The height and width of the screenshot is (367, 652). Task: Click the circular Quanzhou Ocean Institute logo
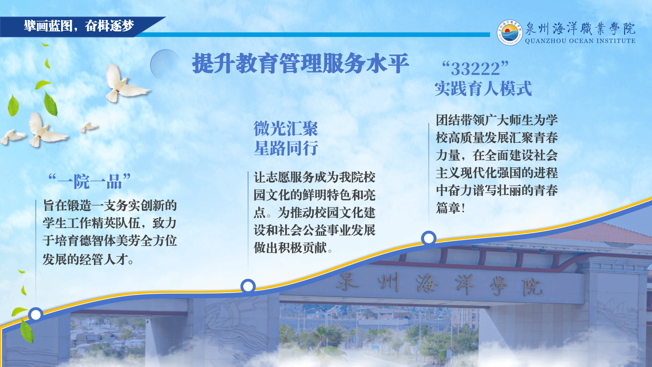(x=510, y=32)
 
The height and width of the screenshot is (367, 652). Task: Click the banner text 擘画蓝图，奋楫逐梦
(x=79, y=26)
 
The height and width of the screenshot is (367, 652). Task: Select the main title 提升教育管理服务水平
(x=301, y=63)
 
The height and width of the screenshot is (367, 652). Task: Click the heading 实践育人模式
(x=483, y=89)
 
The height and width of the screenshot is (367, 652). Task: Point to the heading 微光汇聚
(x=286, y=129)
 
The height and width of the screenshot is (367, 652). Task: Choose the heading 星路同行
(x=286, y=148)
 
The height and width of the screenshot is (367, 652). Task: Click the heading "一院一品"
(x=89, y=181)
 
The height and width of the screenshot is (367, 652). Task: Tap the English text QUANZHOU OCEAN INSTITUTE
(x=580, y=41)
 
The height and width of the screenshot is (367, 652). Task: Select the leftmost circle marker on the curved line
(x=36, y=315)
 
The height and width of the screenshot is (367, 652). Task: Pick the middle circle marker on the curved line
(x=248, y=286)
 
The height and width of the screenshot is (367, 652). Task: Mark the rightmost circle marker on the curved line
(x=429, y=238)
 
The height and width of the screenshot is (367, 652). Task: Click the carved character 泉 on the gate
(x=348, y=282)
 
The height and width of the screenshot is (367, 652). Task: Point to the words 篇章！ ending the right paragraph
(x=451, y=208)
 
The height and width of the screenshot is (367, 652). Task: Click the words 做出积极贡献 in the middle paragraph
(x=290, y=248)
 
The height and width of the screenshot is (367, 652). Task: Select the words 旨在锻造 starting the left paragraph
(x=67, y=205)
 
